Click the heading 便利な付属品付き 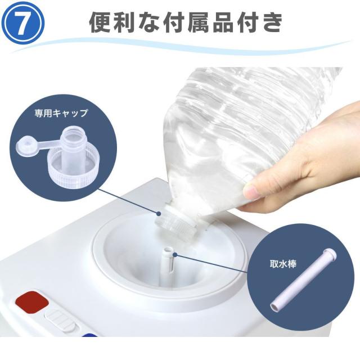(186, 22)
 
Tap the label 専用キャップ (61, 113)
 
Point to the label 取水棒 (283, 264)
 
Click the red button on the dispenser (32, 301)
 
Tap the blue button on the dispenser (89, 335)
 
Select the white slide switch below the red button (60, 319)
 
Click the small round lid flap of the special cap (27, 146)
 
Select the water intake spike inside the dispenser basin (168, 266)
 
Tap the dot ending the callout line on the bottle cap (159, 214)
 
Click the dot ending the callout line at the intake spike (175, 255)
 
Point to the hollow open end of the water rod (274, 307)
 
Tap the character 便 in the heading (101, 22)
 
